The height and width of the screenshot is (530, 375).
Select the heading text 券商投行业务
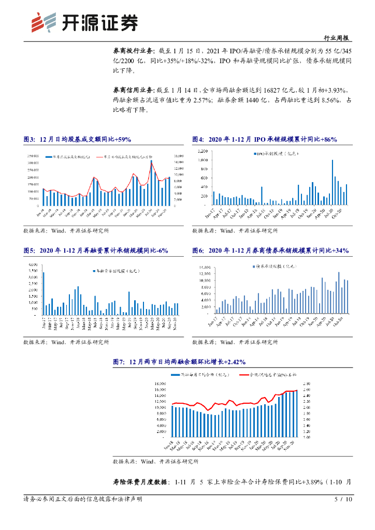click(x=133, y=51)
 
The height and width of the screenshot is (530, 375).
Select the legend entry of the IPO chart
click(x=276, y=154)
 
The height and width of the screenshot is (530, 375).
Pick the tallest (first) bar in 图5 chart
click(x=44, y=293)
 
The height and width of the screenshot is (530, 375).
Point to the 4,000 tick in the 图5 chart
click(x=32, y=264)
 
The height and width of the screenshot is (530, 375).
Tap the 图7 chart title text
click(x=179, y=362)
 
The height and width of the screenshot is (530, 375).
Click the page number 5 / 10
click(x=344, y=499)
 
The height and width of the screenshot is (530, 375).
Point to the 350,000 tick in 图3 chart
click(x=33, y=156)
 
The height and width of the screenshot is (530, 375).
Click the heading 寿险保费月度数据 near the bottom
click(x=140, y=482)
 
